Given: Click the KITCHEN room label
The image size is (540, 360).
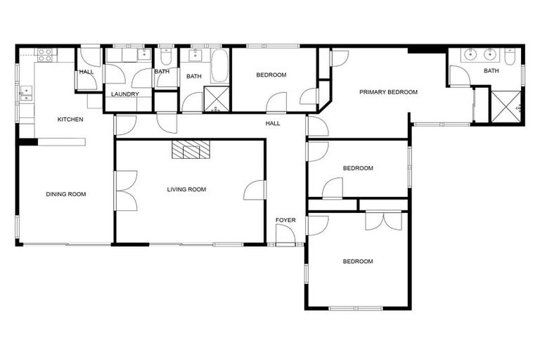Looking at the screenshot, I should tap(70, 120).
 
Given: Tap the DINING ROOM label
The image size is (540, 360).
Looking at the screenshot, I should tap(66, 194).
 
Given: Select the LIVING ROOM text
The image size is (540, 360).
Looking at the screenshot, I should tap(186, 189).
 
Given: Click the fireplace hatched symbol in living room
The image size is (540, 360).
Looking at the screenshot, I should tap(191, 149).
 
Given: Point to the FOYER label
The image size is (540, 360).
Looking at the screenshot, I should tap(285, 221).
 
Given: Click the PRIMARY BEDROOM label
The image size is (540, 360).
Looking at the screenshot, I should tap(388, 92).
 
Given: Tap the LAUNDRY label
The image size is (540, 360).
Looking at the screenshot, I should tap(125, 94).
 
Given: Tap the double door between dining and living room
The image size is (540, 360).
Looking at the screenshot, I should tap(125, 190).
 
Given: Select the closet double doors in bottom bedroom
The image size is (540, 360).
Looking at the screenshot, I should tap(383, 220).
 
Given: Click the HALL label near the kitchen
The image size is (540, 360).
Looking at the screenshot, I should tap(86, 72).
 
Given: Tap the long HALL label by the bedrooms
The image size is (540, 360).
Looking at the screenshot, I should tap(273, 124).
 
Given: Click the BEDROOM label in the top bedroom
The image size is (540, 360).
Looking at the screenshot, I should tap(271, 75).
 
